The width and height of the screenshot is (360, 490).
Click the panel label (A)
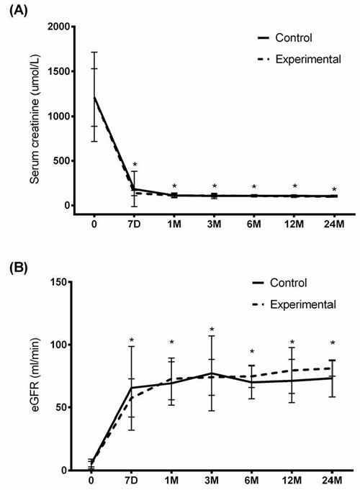point(19,12)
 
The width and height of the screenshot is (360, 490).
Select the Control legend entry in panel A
point(284,38)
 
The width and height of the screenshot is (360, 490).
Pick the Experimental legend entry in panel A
point(299,59)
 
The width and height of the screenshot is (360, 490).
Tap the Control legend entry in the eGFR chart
point(279,283)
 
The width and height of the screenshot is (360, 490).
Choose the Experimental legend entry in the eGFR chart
point(294,304)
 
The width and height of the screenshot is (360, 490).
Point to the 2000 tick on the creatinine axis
point(58,27)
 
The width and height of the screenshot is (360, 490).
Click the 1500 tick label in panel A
point(58,71)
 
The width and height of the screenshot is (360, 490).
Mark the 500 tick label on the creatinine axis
point(61,161)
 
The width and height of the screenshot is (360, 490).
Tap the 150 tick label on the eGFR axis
point(58,282)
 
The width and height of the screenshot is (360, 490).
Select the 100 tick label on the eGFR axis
point(58,345)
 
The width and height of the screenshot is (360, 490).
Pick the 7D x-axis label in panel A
point(134,224)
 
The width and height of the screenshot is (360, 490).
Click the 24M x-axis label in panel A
point(334,224)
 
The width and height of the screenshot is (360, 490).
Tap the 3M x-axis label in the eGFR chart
point(212,480)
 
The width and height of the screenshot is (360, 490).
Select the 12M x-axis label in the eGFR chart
point(292,480)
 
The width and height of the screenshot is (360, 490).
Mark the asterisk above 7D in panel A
point(135,165)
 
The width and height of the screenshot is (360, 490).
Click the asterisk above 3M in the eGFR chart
point(212,330)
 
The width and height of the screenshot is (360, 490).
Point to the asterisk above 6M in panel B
point(252,352)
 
